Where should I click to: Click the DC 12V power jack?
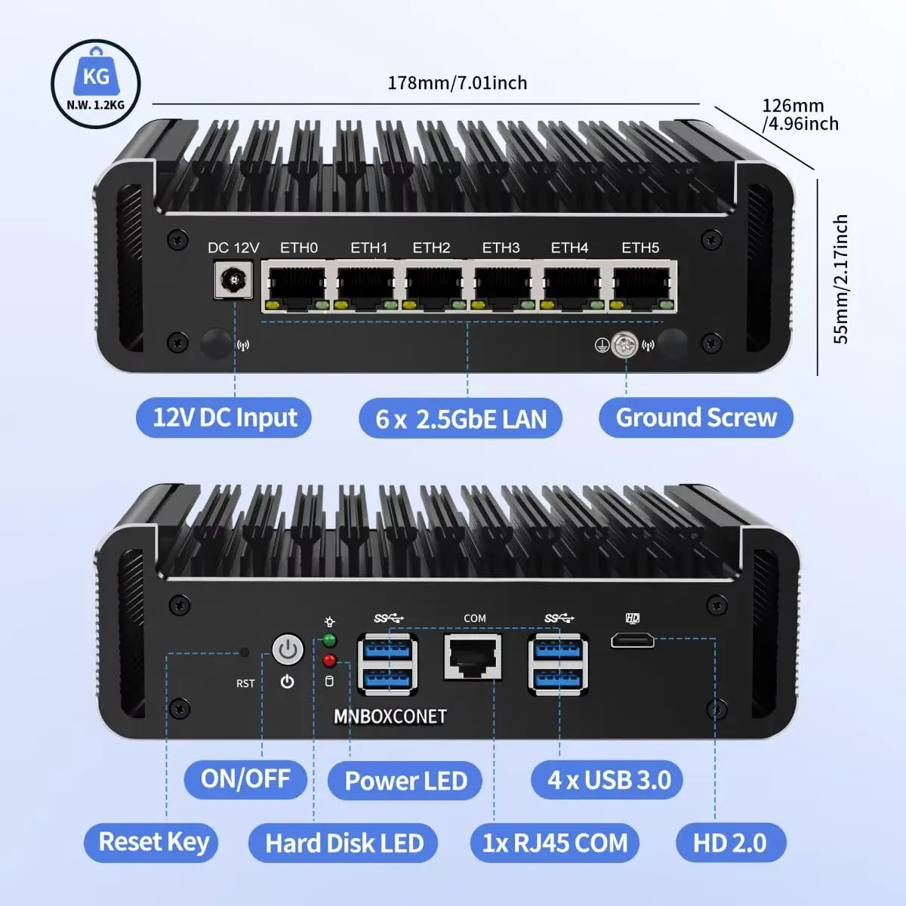232,282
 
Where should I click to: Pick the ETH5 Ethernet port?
641,286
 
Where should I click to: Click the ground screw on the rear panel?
625,345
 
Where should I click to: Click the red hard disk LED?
329,661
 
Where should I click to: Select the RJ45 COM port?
473,656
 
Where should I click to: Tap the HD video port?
633,640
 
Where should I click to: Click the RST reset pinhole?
244,652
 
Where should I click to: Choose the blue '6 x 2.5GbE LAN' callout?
461,418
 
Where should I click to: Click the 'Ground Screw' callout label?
695,418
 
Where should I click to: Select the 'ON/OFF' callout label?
245,778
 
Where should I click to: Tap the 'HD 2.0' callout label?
729,843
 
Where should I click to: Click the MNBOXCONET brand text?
390,716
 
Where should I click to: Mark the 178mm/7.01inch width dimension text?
457,82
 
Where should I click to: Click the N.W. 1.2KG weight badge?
96,84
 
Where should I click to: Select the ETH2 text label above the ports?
431,248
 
